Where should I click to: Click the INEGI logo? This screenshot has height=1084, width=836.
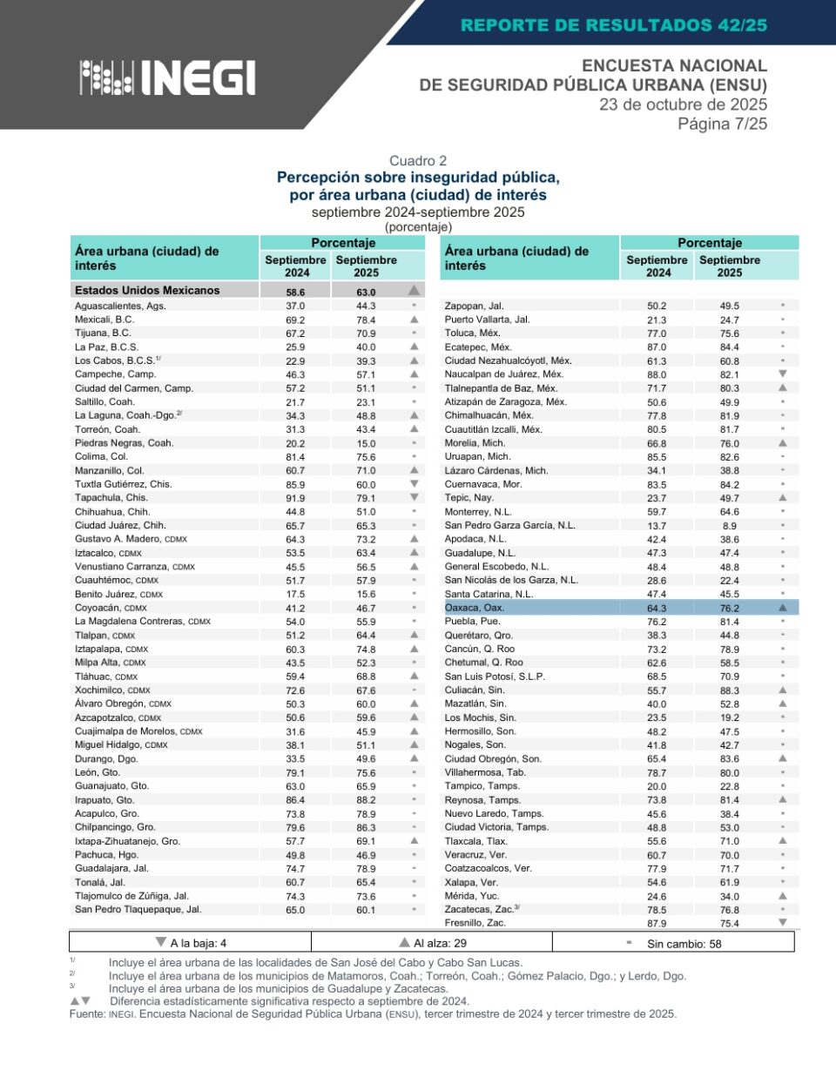(x=168, y=77)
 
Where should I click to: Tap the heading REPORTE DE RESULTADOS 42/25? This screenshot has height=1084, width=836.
(x=614, y=25)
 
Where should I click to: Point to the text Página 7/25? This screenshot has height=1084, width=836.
(x=722, y=124)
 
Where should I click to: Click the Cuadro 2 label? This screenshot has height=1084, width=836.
(x=418, y=161)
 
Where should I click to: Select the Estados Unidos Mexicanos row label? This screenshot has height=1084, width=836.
(x=147, y=291)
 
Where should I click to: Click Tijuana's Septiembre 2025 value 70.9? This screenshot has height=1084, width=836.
(x=366, y=333)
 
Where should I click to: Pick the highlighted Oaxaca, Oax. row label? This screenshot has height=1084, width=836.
(x=475, y=608)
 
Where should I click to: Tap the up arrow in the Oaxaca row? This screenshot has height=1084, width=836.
(x=782, y=608)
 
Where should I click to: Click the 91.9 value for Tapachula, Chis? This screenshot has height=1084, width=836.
(x=295, y=498)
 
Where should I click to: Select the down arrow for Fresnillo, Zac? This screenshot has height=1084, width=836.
(x=782, y=922)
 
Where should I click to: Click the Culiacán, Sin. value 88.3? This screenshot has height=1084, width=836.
(x=729, y=690)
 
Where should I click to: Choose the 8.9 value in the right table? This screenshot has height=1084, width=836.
(x=729, y=526)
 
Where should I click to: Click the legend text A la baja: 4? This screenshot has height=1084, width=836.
(x=198, y=943)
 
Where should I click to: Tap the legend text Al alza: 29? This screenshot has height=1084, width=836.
(x=439, y=943)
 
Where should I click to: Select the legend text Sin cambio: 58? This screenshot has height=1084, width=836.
(x=684, y=944)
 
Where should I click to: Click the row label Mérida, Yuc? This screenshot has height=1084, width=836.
(x=471, y=896)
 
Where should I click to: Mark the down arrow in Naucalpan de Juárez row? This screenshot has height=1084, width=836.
(x=782, y=374)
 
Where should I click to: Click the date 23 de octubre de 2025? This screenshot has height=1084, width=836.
(x=683, y=104)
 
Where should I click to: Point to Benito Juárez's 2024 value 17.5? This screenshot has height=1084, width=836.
(x=295, y=595)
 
